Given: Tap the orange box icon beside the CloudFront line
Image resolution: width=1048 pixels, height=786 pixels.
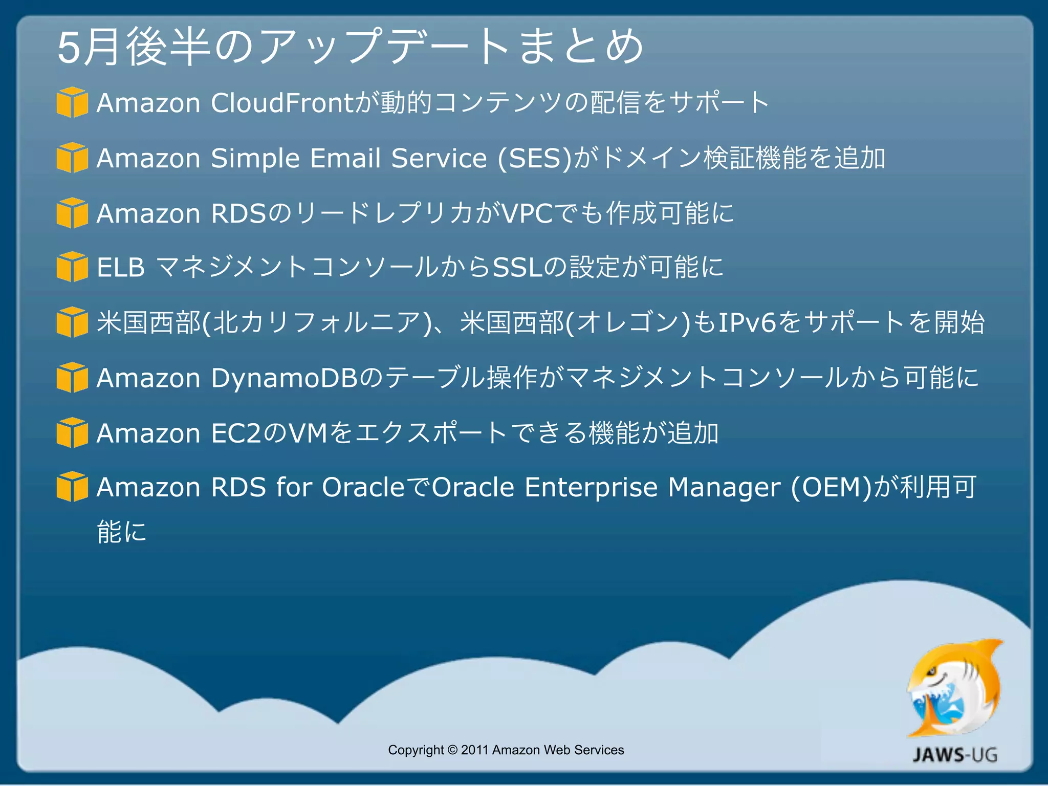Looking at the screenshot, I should pyautogui.click(x=72, y=102).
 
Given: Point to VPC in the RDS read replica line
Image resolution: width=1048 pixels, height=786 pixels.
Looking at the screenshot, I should pyautogui.click(x=527, y=213).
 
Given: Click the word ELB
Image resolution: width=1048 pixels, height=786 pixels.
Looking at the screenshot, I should pyautogui.click(x=121, y=267).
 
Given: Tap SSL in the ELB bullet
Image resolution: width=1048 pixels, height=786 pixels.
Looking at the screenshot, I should pyautogui.click(x=517, y=267).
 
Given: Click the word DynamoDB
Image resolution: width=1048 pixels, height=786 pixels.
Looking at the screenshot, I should pyautogui.click(x=284, y=378).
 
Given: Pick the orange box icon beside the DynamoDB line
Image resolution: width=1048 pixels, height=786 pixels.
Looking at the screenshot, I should pyautogui.click(x=72, y=377).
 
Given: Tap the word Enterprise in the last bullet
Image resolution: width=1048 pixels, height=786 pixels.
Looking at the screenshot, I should pyautogui.click(x=591, y=487).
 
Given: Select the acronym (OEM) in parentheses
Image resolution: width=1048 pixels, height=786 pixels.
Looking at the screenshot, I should pyautogui.click(x=831, y=487).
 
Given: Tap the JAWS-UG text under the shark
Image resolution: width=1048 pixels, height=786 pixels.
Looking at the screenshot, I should pyautogui.click(x=955, y=755).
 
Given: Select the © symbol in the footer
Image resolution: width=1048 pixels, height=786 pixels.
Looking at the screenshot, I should pyautogui.click(x=452, y=750).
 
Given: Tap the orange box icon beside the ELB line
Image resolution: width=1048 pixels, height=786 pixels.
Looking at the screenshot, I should pyautogui.click(x=72, y=267).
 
